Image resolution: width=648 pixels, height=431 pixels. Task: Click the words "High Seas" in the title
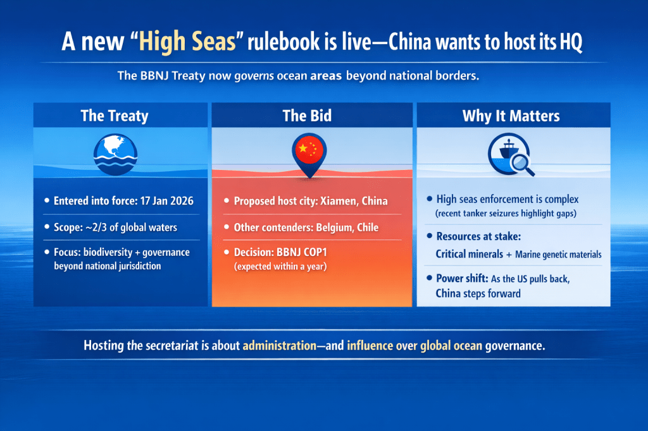(x=187, y=42)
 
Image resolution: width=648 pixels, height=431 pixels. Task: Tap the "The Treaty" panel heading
(x=115, y=116)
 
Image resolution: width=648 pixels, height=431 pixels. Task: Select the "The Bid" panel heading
(x=307, y=116)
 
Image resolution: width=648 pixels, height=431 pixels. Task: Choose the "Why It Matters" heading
(x=511, y=116)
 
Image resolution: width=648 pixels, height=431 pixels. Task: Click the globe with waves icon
(x=115, y=154)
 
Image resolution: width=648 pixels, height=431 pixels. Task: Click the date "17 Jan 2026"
(x=167, y=201)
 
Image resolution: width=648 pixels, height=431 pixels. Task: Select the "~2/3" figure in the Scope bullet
(x=96, y=228)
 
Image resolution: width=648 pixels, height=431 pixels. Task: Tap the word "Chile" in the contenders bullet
(x=368, y=228)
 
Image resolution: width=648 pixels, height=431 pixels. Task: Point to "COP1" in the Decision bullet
(x=315, y=252)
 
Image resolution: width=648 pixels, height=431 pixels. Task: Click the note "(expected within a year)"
(x=280, y=267)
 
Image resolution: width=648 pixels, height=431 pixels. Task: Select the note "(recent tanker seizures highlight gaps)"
(x=506, y=214)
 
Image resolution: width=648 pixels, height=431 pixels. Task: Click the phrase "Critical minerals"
(x=470, y=254)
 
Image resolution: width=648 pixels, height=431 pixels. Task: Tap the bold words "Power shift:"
(x=462, y=278)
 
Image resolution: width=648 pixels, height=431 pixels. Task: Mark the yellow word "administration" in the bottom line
(x=279, y=346)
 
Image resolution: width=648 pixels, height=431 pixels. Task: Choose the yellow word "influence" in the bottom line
(x=370, y=346)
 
